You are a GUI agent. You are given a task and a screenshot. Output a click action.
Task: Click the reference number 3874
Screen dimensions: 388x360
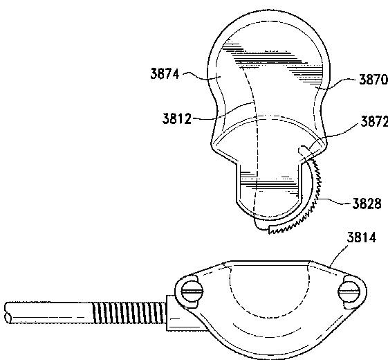(x=165, y=74)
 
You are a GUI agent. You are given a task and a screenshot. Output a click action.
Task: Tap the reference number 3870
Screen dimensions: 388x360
(x=373, y=80)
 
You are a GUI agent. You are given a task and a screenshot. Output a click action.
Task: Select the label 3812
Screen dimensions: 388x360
(x=177, y=118)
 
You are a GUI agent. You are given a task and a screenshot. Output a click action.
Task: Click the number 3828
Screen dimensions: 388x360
(x=367, y=204)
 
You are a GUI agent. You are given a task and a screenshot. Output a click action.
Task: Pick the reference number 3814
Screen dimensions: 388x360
(x=362, y=237)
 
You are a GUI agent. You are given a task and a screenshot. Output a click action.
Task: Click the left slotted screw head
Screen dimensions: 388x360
(x=192, y=291)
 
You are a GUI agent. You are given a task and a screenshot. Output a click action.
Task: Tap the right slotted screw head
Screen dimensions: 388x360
(x=349, y=291)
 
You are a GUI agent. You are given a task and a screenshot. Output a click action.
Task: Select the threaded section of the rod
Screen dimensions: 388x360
(x=129, y=313)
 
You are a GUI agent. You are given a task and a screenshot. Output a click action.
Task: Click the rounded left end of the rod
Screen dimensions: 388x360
(x=8, y=313)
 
